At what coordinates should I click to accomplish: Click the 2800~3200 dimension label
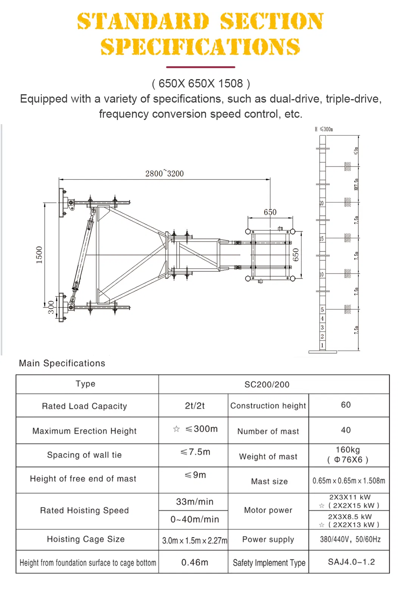165,173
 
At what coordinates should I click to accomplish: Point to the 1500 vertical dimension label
39,255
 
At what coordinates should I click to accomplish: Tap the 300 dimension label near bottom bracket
51,307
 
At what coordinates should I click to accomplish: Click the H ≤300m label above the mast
324,129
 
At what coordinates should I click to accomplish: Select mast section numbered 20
322,203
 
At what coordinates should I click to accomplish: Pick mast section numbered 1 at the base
322,345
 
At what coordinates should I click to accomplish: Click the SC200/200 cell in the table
267,385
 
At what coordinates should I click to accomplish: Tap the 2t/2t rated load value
195,406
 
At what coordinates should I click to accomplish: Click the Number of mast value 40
346,430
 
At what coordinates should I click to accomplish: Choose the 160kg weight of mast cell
348,455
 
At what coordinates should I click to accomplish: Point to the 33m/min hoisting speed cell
194,502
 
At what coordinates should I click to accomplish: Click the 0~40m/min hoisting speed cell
194,519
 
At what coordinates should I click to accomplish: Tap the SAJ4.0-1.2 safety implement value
351,562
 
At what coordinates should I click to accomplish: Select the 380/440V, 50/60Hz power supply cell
350,539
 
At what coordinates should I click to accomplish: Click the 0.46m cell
194,562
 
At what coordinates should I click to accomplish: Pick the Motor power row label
268,510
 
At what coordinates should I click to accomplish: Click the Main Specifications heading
62,363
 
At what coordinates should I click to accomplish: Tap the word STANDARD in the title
143,21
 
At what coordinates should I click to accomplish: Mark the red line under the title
201,67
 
